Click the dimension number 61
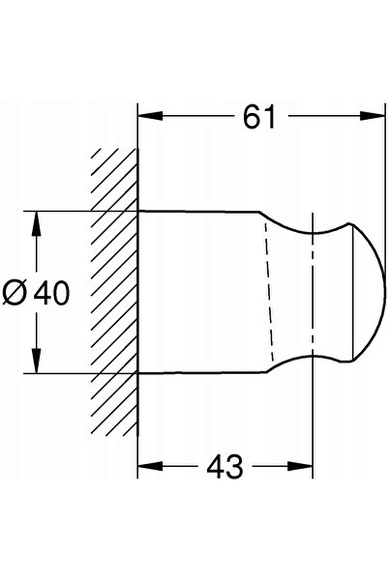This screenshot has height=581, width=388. click(259, 117)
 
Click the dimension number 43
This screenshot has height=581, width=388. click(224, 467)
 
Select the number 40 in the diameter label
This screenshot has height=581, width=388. click(51, 293)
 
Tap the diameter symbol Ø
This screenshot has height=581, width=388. click(15, 293)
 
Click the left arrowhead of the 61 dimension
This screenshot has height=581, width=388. click(150, 116)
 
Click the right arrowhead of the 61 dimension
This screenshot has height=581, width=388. click(373, 116)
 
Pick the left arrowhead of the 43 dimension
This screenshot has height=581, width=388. click(150, 466)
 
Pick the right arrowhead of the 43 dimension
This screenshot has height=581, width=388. click(300, 466)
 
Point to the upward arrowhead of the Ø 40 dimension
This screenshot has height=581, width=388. click(36, 224)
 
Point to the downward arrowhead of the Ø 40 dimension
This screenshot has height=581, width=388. click(36, 361)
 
